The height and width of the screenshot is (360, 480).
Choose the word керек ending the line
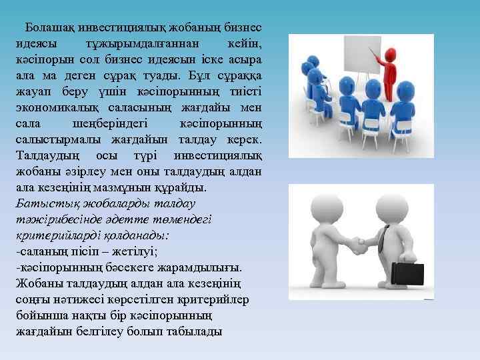point(244,140)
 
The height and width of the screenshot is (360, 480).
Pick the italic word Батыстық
point(39,203)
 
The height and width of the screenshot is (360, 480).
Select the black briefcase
point(407,273)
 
